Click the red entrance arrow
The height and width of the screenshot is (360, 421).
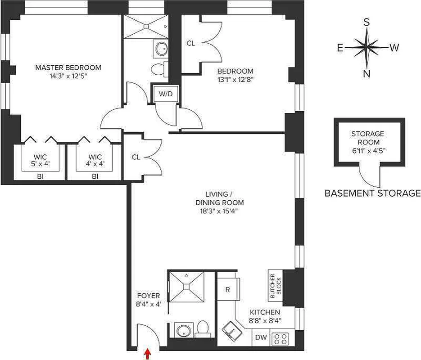pos(147,355)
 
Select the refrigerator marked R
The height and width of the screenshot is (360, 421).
pos(228,289)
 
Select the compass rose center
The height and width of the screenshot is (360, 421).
pos(367,46)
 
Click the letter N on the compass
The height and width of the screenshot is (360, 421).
pos(367,74)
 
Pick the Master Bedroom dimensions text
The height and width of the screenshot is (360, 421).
pos(68,76)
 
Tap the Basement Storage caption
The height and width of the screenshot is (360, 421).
pos(372,193)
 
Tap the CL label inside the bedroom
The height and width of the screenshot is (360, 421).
pos(190,44)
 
